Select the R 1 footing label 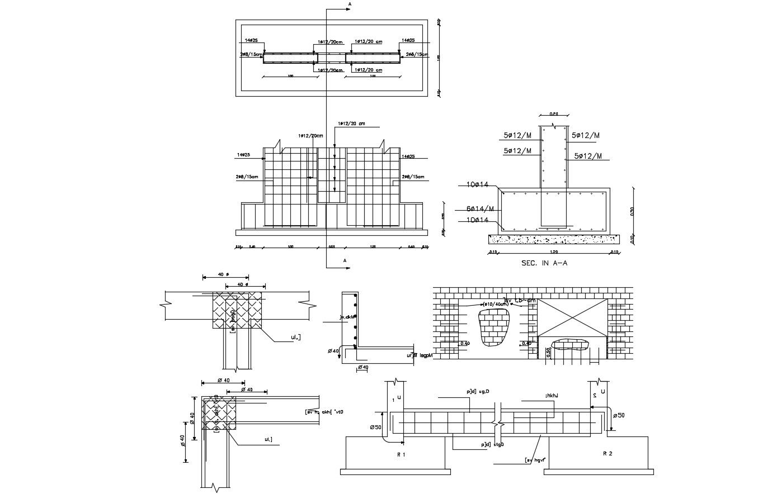coord(401,454)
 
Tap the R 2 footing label coord(607,454)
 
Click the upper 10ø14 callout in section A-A coord(478,184)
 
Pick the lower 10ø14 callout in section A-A coord(478,220)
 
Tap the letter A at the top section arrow coord(350,4)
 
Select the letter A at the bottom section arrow coord(345,260)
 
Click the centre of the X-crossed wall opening coord(572,317)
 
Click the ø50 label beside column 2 coord(619,416)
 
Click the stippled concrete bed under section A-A coord(554,239)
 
